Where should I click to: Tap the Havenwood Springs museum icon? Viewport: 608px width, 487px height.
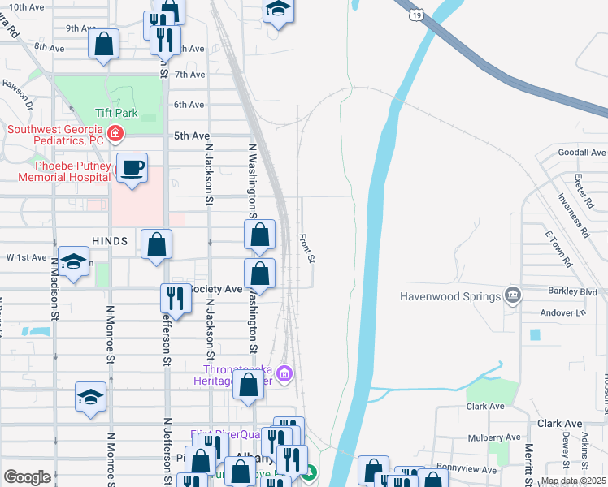click(512, 294)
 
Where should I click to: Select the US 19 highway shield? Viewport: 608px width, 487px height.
click(416, 14)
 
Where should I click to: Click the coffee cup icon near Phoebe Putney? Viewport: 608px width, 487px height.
click(132, 168)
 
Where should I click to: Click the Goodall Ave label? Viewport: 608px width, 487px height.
click(582, 153)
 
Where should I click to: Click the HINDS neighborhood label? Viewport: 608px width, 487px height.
click(111, 241)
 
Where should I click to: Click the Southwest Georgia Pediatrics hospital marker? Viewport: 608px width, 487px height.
click(115, 133)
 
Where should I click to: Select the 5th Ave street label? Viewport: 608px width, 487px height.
click(192, 136)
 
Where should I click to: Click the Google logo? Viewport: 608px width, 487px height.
click(28, 477)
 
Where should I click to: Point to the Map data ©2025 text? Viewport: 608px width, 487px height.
click(572, 481)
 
